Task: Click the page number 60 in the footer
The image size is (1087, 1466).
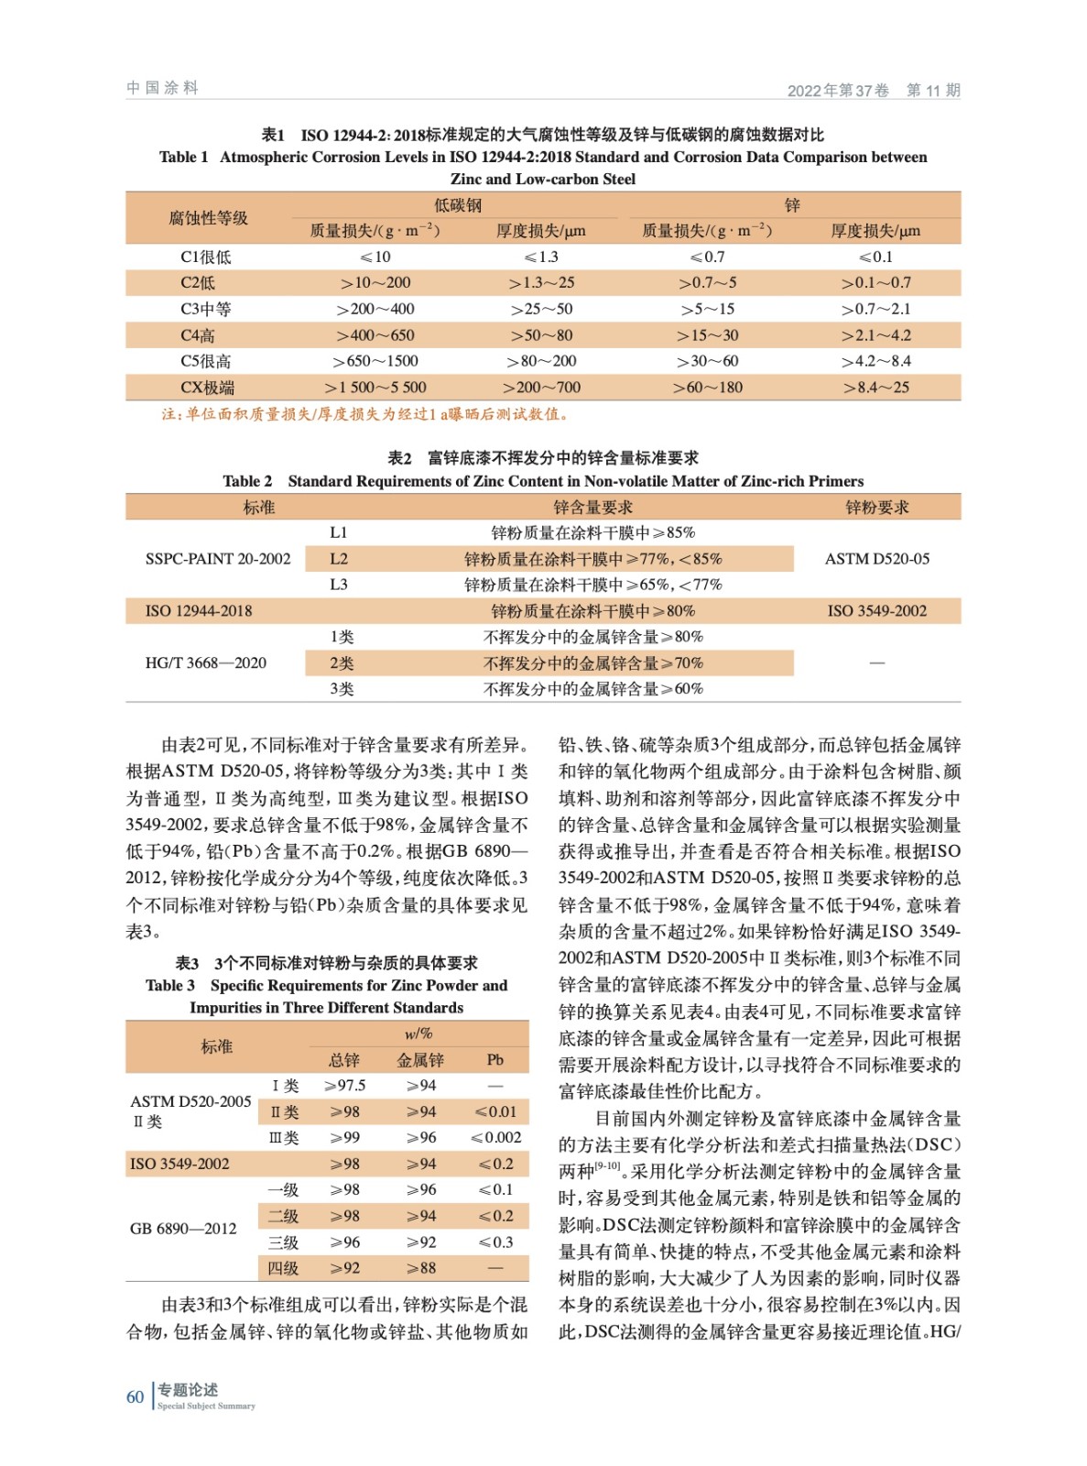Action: (135, 1396)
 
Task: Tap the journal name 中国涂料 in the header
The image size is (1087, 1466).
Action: (162, 88)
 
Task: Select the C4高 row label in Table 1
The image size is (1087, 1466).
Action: (198, 335)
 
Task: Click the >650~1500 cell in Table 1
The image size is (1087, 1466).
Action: (375, 361)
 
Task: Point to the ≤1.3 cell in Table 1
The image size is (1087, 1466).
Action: (541, 257)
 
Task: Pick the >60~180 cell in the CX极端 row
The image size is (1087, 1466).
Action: (708, 388)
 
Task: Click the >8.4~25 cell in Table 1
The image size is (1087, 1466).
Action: (876, 388)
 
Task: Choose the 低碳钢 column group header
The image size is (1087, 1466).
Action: (458, 205)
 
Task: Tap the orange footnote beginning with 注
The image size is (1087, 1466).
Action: (365, 414)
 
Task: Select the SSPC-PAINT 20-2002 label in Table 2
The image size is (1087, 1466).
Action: (218, 559)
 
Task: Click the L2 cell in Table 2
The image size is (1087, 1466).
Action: (339, 559)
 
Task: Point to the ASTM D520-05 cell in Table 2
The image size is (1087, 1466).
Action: (876, 559)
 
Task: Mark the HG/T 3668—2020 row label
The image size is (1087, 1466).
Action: (206, 662)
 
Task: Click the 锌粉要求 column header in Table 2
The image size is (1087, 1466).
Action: (876, 508)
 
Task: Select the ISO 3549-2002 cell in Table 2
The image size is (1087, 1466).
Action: (876, 611)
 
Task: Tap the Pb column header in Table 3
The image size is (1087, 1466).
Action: (495, 1060)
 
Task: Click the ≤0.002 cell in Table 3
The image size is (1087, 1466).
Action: (495, 1138)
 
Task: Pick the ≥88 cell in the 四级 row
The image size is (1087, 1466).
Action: (421, 1268)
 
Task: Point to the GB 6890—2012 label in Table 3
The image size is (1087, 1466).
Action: (183, 1229)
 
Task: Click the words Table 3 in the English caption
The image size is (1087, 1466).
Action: (170, 986)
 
